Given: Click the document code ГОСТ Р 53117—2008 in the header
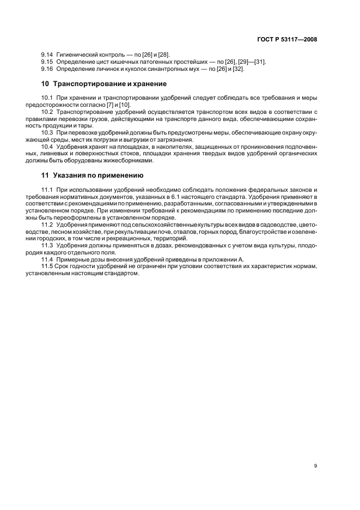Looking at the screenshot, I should click(288, 39).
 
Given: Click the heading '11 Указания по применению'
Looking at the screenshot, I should click(93, 175).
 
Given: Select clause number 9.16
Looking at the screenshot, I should click(47, 69).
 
